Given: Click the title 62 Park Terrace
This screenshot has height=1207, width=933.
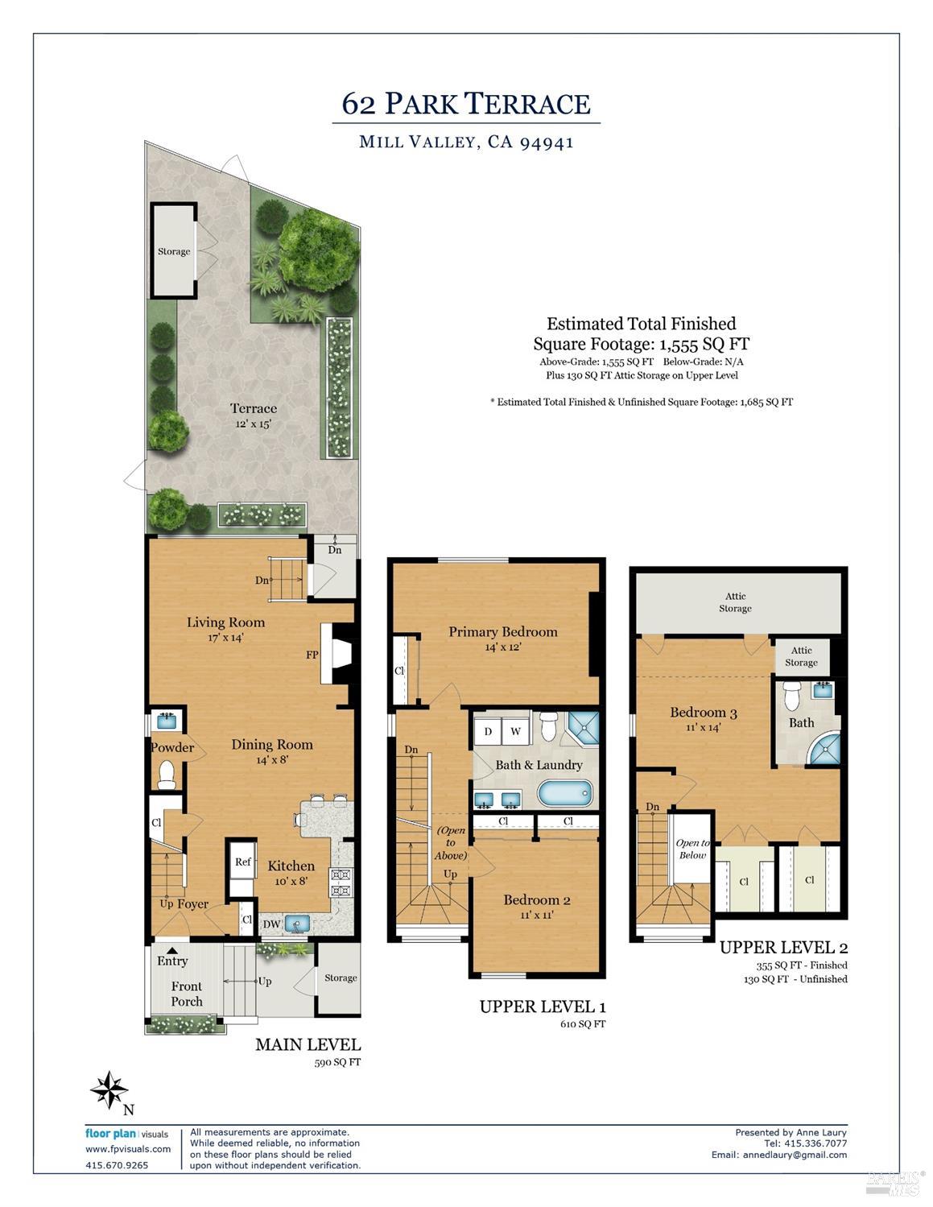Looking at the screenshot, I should click(466, 104).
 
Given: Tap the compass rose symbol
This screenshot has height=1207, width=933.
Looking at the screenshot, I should click(109, 1090).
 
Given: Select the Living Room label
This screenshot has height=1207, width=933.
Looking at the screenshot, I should click(225, 622).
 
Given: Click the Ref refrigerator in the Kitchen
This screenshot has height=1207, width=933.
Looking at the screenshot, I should click(242, 862).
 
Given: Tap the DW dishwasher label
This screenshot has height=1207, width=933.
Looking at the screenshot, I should click(271, 924).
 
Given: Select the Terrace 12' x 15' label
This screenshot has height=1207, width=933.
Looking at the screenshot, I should click(253, 415).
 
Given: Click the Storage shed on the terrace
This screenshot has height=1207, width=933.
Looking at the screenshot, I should click(174, 251).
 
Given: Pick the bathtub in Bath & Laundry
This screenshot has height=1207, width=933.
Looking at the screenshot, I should click(564, 792).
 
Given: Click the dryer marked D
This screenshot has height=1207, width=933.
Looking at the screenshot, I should click(488, 732).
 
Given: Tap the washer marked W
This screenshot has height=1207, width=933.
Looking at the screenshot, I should click(515, 732).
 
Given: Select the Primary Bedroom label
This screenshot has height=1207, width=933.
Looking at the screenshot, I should click(502, 632).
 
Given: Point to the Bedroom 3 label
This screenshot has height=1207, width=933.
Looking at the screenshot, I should click(703, 713).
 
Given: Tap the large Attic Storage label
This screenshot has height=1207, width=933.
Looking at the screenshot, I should click(735, 602).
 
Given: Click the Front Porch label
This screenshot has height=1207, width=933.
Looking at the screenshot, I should click(186, 994).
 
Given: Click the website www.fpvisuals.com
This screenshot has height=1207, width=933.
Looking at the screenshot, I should click(128, 1149).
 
